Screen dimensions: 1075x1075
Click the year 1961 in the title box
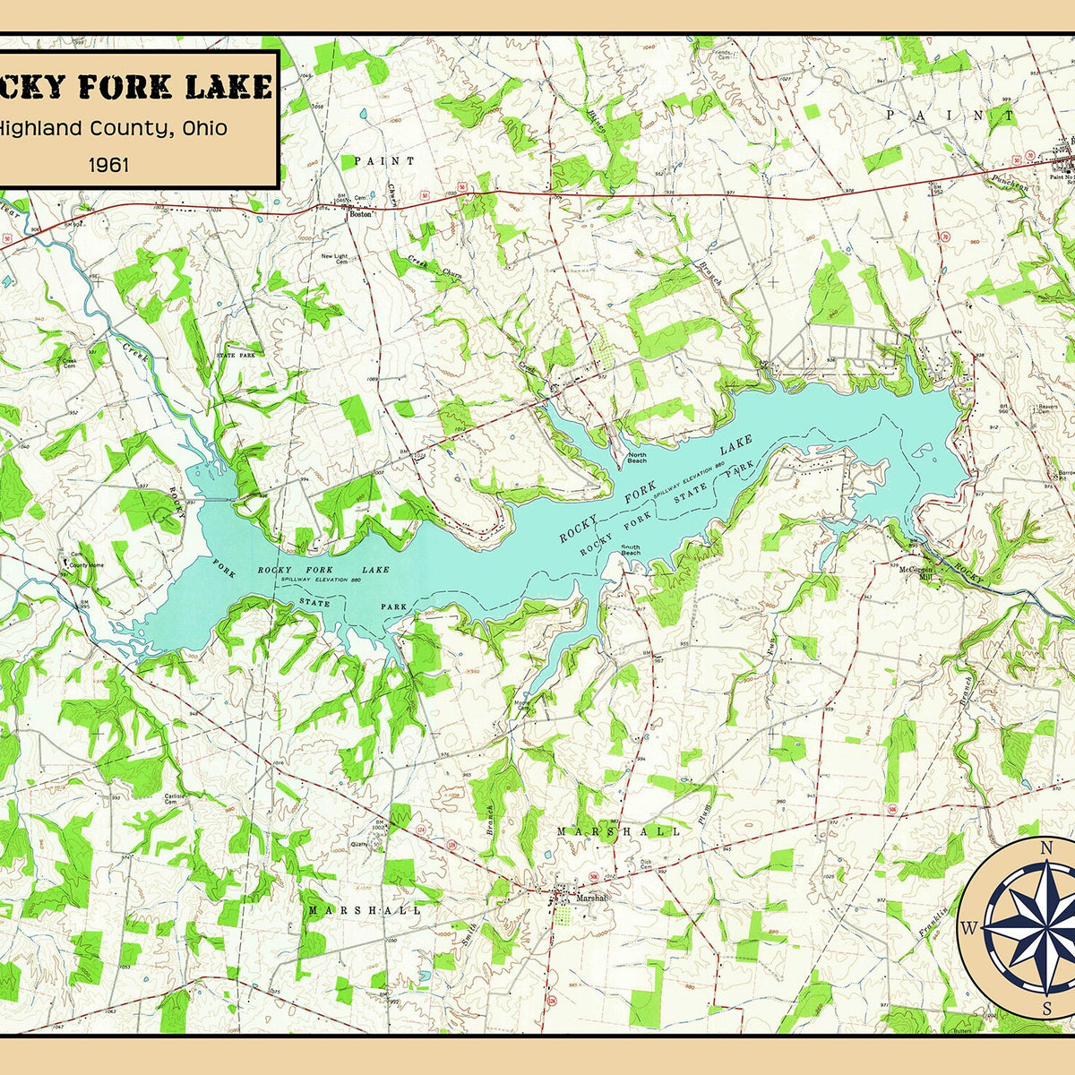[x=108, y=164]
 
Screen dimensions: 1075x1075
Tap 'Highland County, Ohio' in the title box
[x=112, y=128]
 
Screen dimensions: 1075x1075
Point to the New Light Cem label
[x=334, y=259]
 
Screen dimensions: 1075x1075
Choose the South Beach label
[x=631, y=551]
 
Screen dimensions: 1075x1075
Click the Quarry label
[x=360, y=843]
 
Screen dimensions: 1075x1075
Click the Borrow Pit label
[x=1065, y=475]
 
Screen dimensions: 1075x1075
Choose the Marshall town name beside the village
[x=591, y=897]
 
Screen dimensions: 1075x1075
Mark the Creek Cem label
[x=69, y=364]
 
